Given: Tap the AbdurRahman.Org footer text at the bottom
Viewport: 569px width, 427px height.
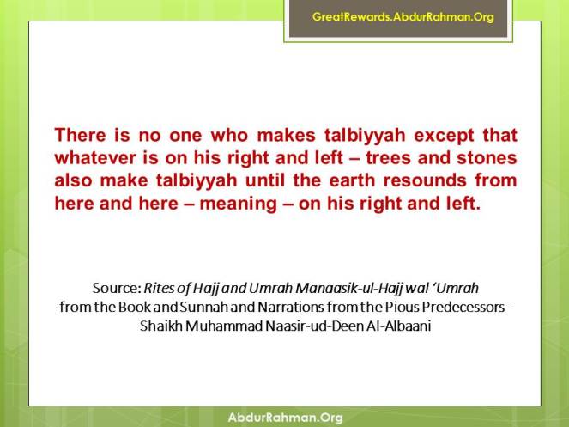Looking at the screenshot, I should click(285, 418).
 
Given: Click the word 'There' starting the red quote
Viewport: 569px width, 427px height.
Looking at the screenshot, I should click(80, 136).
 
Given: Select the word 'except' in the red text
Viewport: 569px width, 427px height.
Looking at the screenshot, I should click(429, 136).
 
